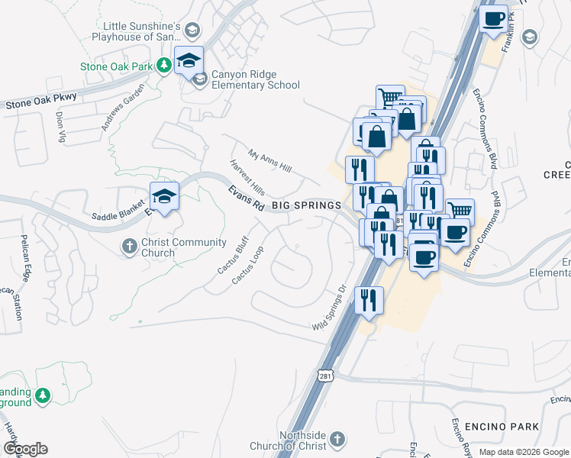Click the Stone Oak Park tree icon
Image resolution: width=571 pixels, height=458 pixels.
163,66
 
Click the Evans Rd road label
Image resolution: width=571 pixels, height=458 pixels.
246,198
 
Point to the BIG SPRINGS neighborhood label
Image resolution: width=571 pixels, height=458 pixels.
306,206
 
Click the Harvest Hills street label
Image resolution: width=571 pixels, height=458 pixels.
247,176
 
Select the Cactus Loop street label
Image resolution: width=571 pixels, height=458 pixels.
248,265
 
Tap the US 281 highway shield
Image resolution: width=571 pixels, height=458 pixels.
326,378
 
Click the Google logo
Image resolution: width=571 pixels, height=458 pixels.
25,449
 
